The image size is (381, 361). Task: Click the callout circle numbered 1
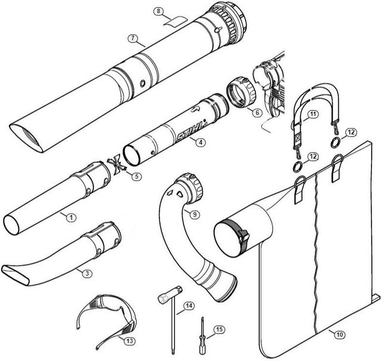point(70,218)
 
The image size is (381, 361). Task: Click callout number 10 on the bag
point(339,335)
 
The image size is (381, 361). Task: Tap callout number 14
point(189,306)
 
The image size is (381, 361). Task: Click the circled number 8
point(158,11)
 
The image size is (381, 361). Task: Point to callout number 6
point(257,112)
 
